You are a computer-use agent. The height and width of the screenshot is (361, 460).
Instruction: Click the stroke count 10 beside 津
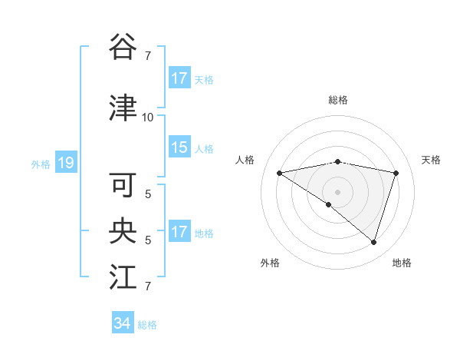147,118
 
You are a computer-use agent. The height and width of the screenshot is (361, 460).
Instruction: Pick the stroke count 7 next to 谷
148,56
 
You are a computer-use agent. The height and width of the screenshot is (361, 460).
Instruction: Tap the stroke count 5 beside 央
148,240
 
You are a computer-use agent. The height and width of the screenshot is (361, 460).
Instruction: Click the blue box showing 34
122,323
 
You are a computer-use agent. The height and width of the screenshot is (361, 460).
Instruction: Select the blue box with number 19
65,163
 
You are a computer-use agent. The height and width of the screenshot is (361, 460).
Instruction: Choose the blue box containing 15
179,147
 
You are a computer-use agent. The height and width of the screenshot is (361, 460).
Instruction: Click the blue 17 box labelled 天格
179,78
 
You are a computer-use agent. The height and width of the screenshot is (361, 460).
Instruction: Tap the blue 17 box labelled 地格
179,232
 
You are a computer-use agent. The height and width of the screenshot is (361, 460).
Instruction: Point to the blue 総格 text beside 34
147,325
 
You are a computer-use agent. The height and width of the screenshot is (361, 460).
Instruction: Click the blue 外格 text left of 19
40,164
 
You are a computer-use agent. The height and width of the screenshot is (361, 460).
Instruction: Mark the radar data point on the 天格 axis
396,173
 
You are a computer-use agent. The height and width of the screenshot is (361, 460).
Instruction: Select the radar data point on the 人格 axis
279,173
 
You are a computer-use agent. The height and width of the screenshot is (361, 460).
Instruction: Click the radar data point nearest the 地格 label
373,242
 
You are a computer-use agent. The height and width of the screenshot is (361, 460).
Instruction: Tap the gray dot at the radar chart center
337,191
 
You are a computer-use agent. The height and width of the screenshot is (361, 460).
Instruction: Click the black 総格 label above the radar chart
337,101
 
